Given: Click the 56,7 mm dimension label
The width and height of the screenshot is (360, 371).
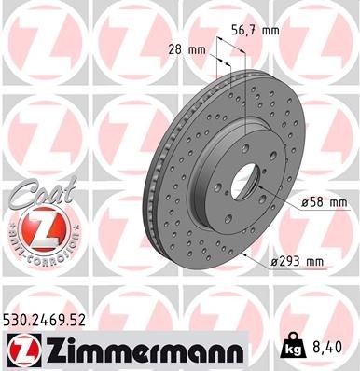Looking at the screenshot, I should (258, 31).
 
